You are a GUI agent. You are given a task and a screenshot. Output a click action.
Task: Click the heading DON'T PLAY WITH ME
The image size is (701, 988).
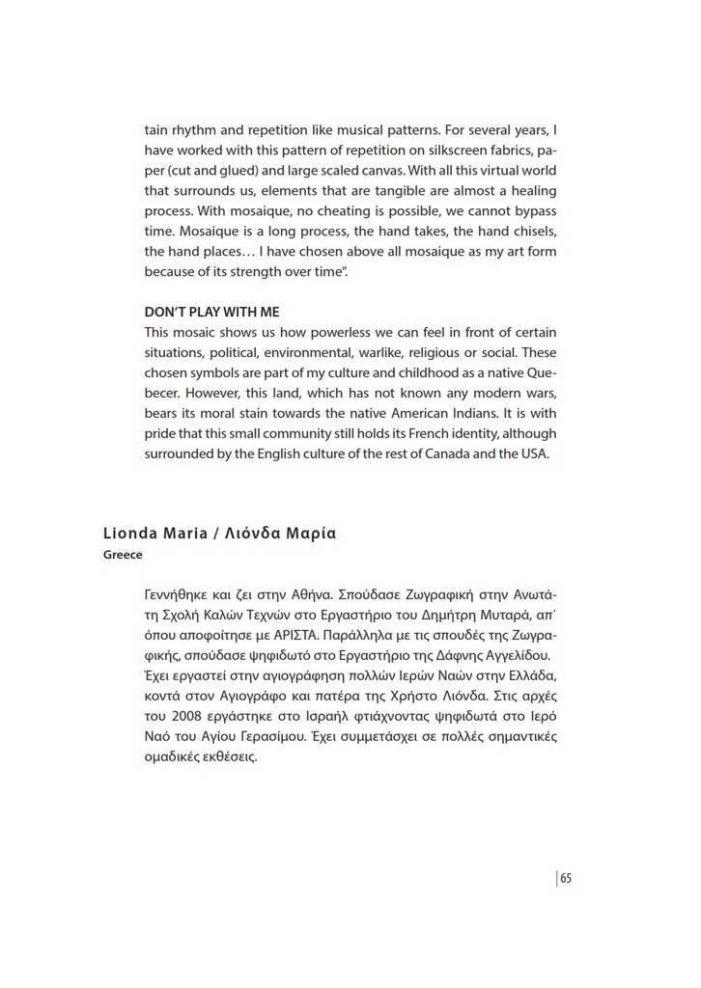click(x=211, y=312)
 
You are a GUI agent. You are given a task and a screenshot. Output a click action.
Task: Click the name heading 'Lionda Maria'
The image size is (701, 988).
click(x=154, y=534)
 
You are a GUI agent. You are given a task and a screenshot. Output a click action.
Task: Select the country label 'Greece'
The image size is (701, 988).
click(x=123, y=555)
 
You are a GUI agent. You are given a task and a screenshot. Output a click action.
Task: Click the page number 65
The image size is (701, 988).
click(x=567, y=878)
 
